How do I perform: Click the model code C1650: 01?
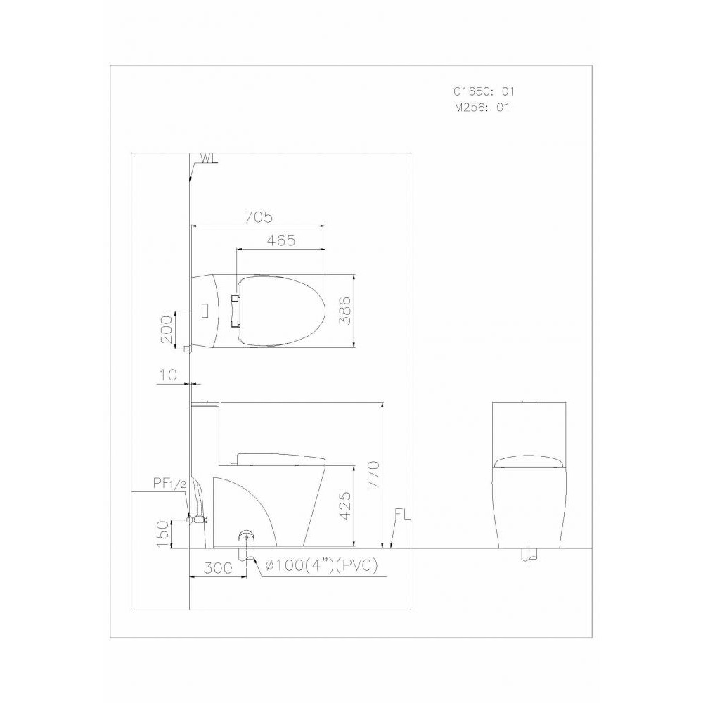pyautogui.click(x=484, y=91)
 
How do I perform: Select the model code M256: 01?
pyautogui.click(x=482, y=108)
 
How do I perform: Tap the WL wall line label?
pyautogui.click(x=209, y=158)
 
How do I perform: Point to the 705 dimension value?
pyautogui.click(x=258, y=217)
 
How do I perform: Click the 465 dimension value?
pyautogui.click(x=281, y=240)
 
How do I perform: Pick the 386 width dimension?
pyautogui.click(x=344, y=310)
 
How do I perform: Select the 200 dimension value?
pyautogui.click(x=166, y=329)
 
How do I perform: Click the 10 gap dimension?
pyautogui.click(x=168, y=375)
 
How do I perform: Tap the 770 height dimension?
pyautogui.click(x=373, y=475)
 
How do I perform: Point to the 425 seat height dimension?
pyautogui.click(x=345, y=506)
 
